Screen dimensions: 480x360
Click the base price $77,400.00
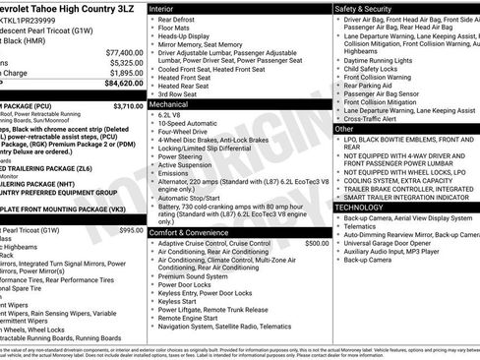(124, 51)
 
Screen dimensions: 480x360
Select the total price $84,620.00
(123, 84)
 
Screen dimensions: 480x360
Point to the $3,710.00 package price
(128, 104)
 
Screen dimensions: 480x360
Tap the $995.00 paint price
(131, 229)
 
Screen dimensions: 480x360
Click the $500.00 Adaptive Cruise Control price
(317, 242)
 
